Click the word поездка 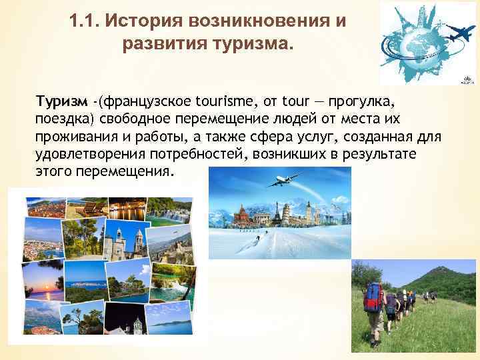tap(64, 118)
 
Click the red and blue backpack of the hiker tap(373, 297)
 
